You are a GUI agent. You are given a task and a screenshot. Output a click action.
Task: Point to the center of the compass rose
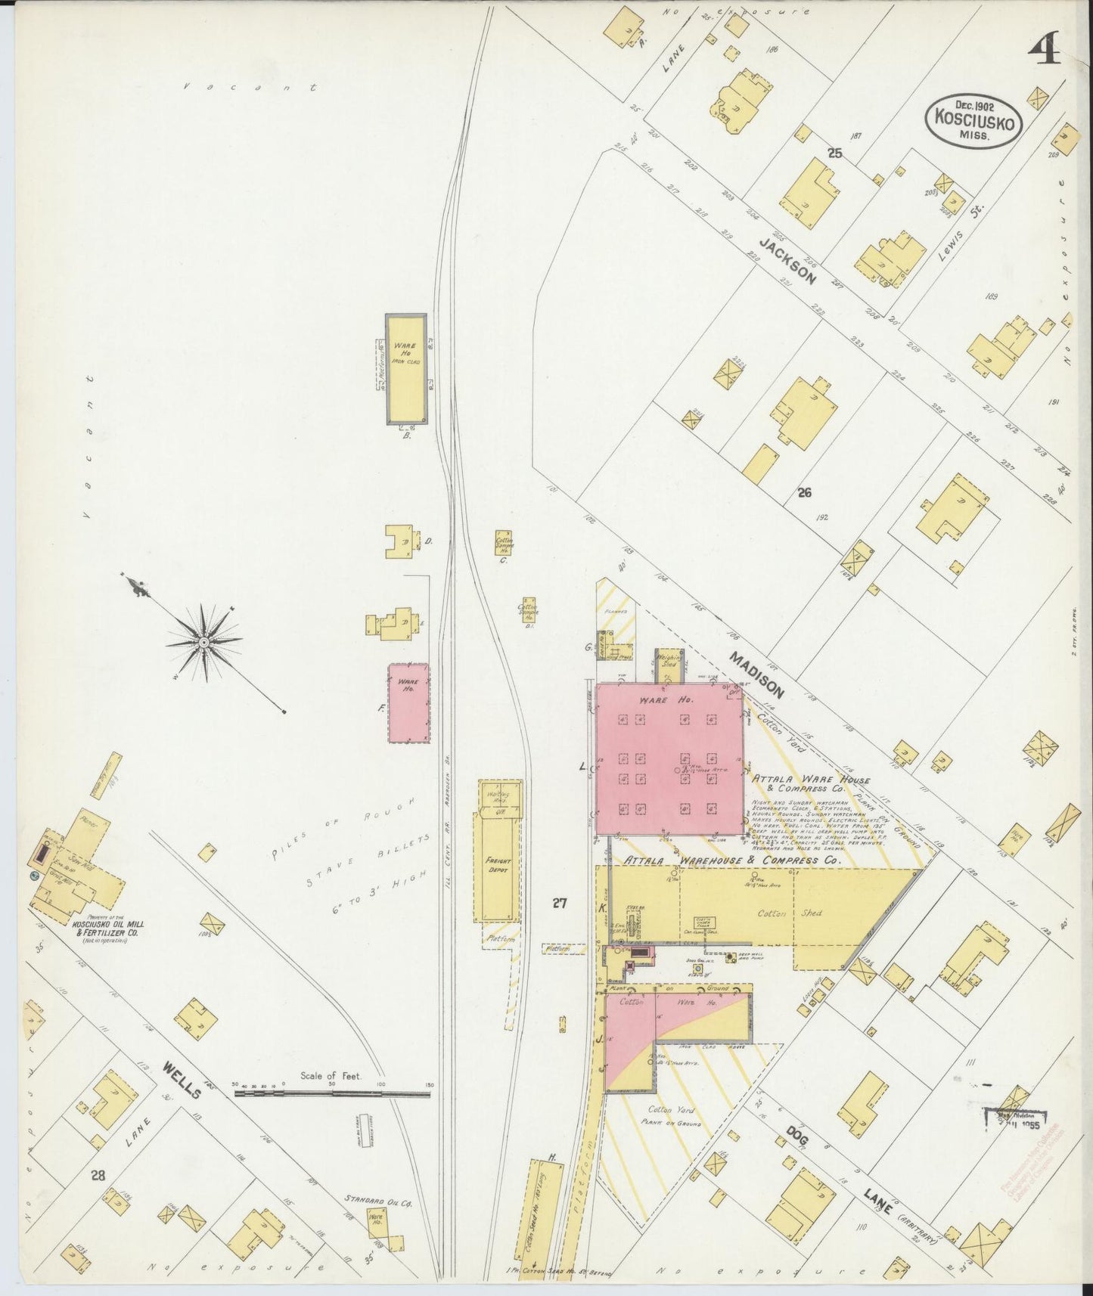[x=203, y=642]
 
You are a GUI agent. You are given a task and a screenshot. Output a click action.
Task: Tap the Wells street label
[x=182, y=1079]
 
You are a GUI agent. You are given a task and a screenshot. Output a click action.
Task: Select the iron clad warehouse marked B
[x=405, y=369]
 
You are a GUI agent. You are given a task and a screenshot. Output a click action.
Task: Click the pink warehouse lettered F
[x=408, y=703]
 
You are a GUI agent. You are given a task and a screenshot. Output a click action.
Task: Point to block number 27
[x=559, y=901]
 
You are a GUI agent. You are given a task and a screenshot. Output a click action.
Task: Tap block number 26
[x=803, y=493]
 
